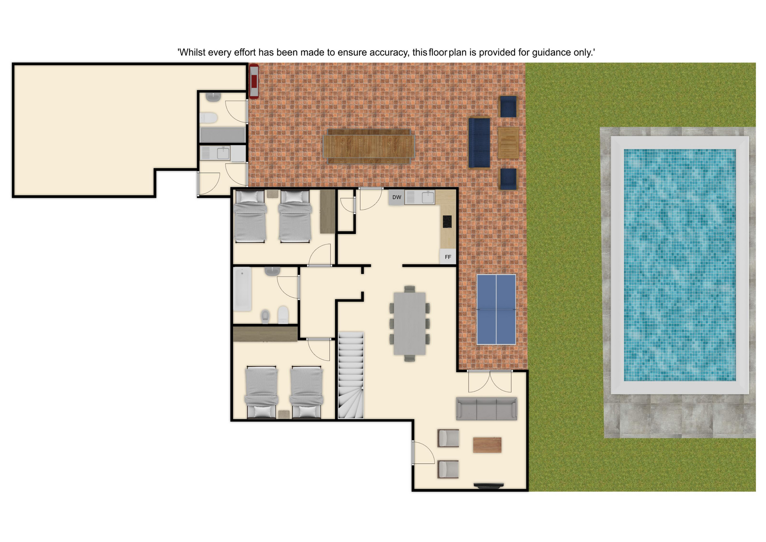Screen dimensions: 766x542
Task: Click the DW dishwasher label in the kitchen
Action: point(397,197)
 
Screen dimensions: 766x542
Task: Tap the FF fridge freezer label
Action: point(448,257)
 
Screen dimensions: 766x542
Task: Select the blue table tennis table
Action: point(496,309)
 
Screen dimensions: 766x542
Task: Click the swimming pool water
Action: point(680,265)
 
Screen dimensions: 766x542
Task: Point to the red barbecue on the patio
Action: point(254,81)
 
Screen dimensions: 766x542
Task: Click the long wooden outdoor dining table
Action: point(369,146)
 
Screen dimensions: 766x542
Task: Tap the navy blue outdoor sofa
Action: point(479,142)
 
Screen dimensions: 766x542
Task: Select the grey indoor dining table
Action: point(410,323)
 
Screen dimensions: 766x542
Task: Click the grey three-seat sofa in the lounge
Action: point(487,409)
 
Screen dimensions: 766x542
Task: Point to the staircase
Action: point(351,375)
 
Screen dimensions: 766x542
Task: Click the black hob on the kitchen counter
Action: point(447,222)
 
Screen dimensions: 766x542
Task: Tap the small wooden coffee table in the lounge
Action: point(487,445)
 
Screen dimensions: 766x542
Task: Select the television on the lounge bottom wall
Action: point(489,486)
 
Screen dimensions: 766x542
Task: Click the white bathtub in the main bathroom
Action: point(243,289)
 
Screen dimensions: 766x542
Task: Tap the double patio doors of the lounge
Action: point(490,381)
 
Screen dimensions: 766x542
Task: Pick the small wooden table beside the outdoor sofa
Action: point(508,143)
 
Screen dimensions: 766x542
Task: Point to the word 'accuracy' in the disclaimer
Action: point(389,53)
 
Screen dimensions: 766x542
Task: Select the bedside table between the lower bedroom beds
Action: point(284,414)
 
